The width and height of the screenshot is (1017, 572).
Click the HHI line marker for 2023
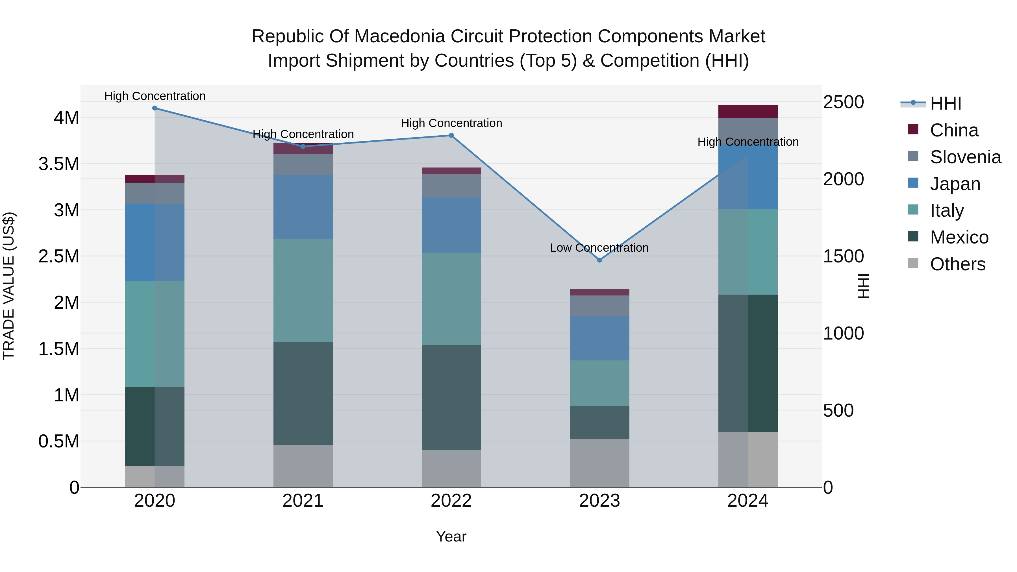tap(599, 260)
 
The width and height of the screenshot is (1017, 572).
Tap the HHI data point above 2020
tap(155, 108)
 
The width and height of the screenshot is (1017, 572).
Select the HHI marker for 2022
tap(451, 135)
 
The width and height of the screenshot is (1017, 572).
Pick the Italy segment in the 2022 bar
tap(451, 299)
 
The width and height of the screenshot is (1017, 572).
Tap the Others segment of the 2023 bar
tap(599, 463)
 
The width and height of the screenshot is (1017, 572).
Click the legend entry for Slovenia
tap(965, 157)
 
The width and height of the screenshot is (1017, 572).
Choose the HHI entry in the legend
tap(945, 103)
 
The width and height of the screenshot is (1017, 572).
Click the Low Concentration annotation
tap(599, 248)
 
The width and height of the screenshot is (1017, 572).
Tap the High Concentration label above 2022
tap(451, 123)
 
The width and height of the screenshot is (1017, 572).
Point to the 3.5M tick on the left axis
tap(59, 164)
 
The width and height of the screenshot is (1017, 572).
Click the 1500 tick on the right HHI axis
tap(843, 256)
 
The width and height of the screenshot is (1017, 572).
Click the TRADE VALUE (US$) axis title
tap(9, 286)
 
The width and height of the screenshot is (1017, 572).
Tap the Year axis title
tap(451, 536)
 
